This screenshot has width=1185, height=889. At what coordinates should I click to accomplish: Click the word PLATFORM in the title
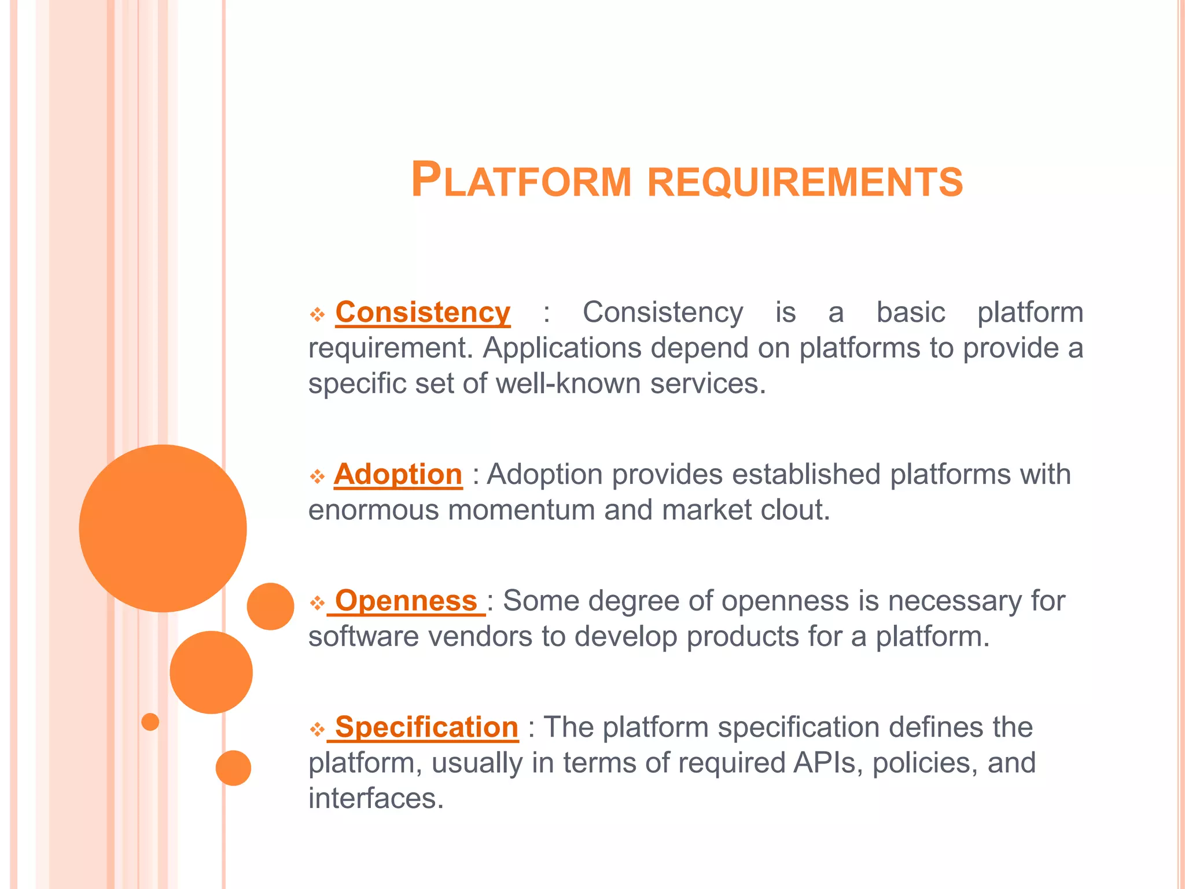tap(520, 181)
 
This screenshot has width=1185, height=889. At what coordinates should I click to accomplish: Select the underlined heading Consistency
tap(422, 313)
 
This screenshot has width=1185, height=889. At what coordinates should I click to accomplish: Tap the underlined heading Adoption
tap(398, 475)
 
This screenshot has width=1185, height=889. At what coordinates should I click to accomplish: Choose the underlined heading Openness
tap(406, 601)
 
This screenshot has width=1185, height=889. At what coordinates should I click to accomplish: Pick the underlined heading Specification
tap(426, 727)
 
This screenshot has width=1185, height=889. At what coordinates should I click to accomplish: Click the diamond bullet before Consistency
tap(317, 315)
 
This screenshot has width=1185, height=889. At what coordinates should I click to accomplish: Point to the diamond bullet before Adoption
tap(317, 477)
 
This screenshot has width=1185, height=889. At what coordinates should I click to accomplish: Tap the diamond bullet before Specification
tap(317, 729)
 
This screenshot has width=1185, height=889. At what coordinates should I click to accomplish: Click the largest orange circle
tap(163, 528)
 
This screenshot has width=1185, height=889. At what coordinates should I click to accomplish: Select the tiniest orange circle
tap(150, 722)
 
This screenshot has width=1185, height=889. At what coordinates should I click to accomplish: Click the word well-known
tap(568, 384)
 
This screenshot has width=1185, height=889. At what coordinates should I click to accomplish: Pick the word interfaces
tap(376, 799)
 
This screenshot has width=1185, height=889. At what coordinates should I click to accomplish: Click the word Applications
tap(562, 348)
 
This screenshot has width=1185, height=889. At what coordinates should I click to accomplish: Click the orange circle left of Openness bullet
tap(270, 606)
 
